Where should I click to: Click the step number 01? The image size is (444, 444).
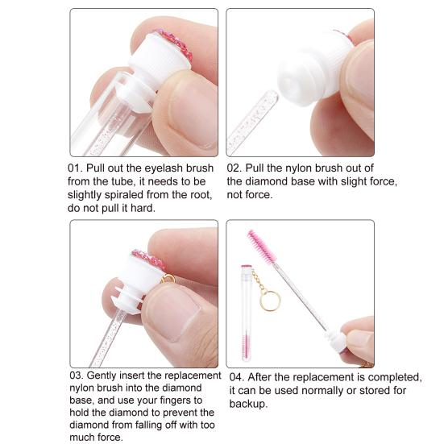(x=78, y=168)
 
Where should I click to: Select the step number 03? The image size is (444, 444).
(x=78, y=376)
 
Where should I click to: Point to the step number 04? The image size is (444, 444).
(x=238, y=377)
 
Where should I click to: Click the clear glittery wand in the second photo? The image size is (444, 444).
(x=252, y=123)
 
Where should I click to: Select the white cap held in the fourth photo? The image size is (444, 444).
(x=337, y=341)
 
